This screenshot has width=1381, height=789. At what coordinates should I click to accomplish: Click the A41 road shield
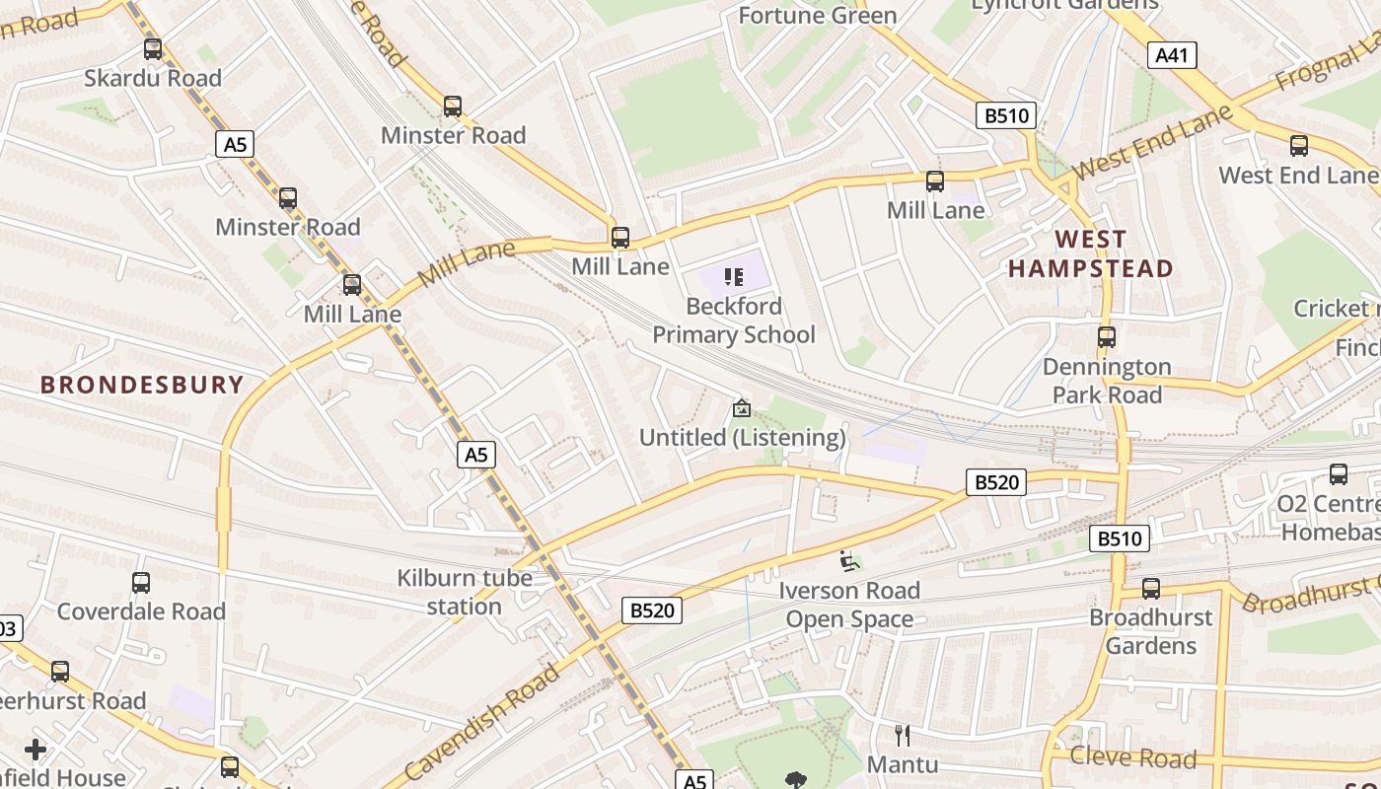1172,55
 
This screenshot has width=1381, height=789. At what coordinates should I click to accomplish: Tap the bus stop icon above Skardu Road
153,48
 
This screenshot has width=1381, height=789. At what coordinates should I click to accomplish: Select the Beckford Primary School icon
733,276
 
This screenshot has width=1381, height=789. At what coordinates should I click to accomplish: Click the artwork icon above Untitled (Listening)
741,407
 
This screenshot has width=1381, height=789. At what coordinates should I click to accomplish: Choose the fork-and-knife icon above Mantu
902,735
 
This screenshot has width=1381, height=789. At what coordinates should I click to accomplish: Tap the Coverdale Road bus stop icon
141,582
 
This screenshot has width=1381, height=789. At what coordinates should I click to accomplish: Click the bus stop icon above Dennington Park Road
1106,337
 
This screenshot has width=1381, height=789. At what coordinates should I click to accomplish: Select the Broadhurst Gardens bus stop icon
1150,589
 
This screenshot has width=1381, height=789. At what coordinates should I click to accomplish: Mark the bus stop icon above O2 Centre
1338,474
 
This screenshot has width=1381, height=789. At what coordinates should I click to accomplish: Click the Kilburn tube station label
465,592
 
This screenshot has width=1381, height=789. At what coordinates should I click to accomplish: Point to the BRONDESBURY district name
142,385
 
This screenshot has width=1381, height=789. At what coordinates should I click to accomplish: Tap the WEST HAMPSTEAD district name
1090,253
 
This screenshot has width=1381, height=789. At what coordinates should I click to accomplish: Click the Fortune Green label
818,15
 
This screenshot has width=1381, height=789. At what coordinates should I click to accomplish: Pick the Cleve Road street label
1132,757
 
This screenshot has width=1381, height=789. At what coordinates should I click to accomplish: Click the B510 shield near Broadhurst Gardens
1120,538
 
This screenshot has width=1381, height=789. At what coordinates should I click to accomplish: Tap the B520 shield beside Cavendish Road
652,610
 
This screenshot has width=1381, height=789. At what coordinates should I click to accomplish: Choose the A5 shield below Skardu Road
235,145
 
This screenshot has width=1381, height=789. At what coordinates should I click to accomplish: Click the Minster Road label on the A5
287,227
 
